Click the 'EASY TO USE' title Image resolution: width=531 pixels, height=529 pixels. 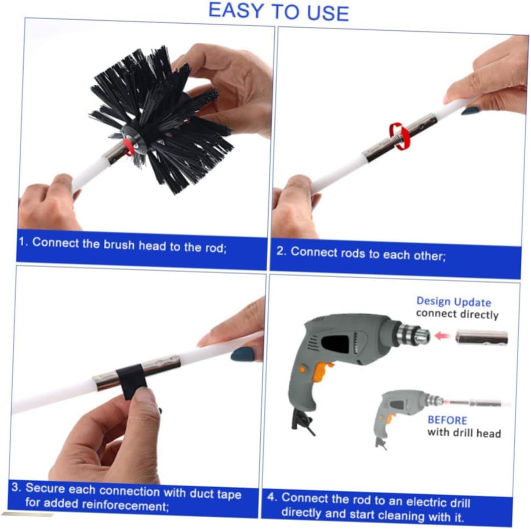(278, 11)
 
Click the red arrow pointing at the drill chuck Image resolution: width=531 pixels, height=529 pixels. (444, 336)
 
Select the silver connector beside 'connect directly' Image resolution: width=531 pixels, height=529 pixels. (481, 337)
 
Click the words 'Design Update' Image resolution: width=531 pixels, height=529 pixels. (453, 302)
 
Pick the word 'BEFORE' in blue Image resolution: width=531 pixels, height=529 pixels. (447, 420)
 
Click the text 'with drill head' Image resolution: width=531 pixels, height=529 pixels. (464, 433)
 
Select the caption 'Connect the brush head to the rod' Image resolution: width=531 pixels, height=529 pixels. (129, 245)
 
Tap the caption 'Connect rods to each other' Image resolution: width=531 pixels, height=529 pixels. (367, 254)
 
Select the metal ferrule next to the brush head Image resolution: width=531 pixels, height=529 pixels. (114, 154)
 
